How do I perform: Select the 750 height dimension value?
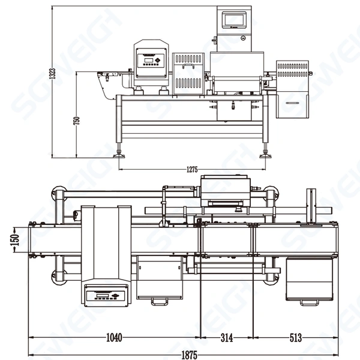[x=76, y=119]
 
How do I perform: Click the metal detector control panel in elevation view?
[x=149, y=59]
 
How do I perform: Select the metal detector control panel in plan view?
[x=107, y=295]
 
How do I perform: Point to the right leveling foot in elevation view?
[x=264, y=154]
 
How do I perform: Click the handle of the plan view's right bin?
[x=309, y=302]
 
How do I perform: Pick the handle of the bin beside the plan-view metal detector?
[x=159, y=301]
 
